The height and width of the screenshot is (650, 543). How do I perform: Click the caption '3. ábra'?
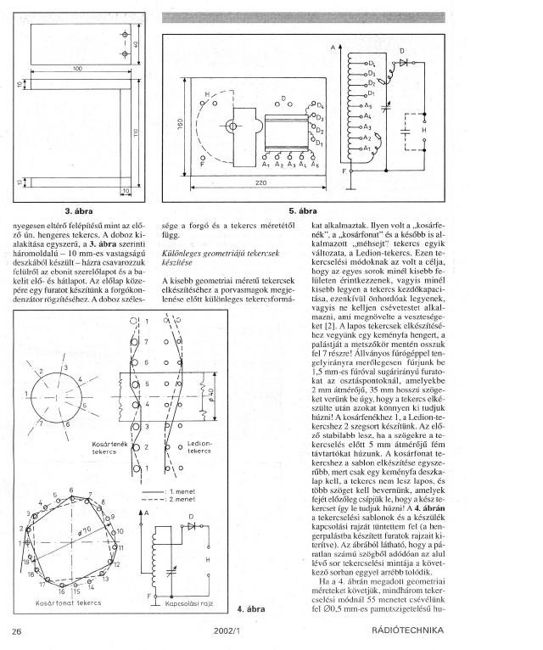tap(78, 209)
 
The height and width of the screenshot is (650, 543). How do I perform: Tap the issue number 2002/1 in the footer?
tap(229, 630)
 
